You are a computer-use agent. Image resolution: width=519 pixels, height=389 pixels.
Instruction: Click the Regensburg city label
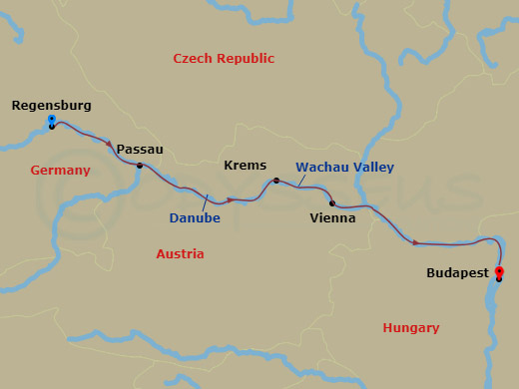[52, 105]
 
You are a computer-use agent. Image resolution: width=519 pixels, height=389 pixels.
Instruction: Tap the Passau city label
[140, 150]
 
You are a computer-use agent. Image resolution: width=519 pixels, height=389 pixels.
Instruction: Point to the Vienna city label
[332, 217]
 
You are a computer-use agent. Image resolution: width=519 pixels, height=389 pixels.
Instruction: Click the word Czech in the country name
[194, 59]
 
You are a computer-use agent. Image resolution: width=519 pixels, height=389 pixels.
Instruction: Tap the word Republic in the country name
[247, 59]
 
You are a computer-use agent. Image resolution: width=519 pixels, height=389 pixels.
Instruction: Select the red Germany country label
[60, 171]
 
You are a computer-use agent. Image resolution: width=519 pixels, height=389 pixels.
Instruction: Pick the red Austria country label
[180, 254]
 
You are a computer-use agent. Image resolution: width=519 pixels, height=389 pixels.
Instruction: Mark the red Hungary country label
[411, 327]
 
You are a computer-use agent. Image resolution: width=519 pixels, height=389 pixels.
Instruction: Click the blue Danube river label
[196, 217]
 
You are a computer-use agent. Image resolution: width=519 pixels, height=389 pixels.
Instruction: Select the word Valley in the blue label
[374, 168]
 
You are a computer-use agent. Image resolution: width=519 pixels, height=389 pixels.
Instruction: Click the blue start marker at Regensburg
[52, 120]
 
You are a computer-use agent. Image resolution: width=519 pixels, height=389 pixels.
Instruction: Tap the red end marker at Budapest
[499, 272]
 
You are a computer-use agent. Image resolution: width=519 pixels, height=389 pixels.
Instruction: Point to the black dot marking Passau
[140, 166]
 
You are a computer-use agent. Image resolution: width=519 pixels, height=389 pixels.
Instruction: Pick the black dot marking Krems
[276, 181]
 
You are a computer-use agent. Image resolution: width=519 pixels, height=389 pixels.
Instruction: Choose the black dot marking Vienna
[332, 203]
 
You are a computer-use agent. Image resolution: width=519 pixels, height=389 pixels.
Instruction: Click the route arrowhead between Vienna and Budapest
[416, 242]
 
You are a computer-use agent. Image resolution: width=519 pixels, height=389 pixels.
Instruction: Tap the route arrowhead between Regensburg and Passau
[109, 144]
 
